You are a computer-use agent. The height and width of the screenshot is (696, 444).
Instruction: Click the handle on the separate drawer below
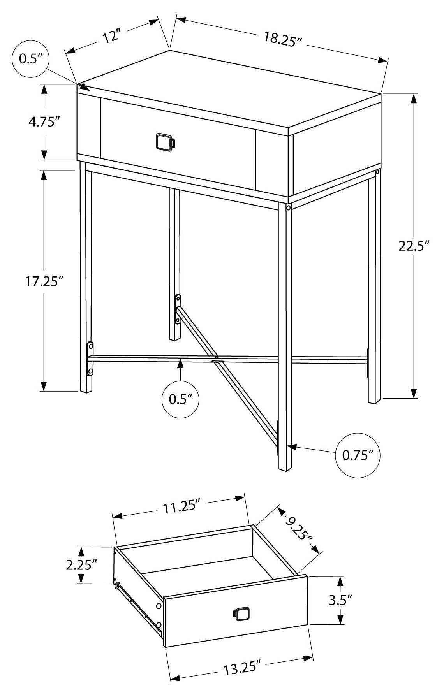pyautogui.click(x=242, y=614)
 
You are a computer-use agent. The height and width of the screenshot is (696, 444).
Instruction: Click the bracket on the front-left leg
pyautogui.click(x=90, y=359)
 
